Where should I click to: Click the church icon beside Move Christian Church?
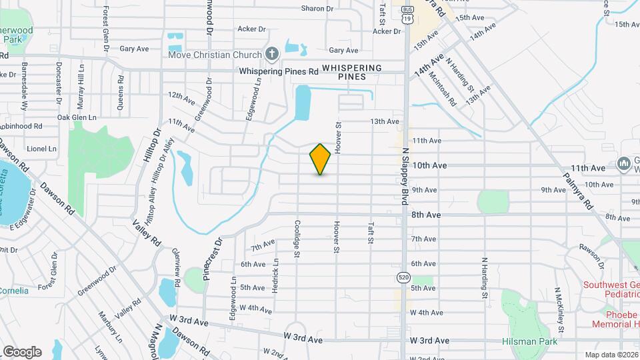pyautogui.click(x=271, y=53)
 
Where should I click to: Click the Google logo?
pyautogui.click(x=21, y=351)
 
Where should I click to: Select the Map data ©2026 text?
pyautogui.click(x=611, y=354)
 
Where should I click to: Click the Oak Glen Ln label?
pyautogui.click(x=77, y=117)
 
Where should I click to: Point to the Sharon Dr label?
pyautogui.click(x=317, y=9)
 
